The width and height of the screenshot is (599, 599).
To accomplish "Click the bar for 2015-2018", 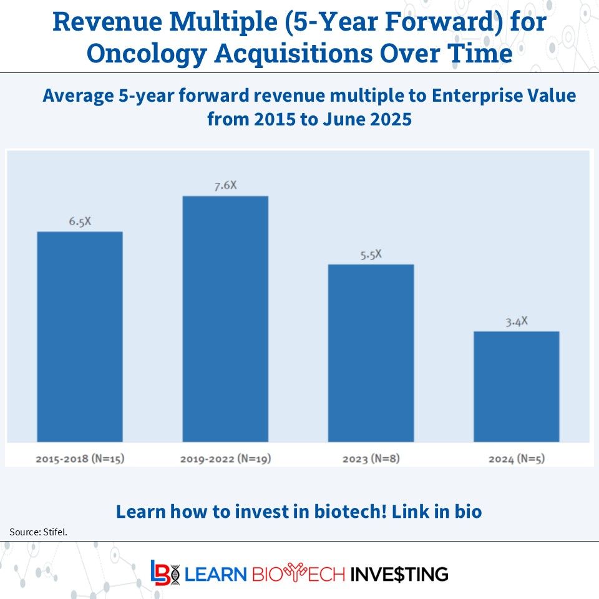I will tap(80, 337).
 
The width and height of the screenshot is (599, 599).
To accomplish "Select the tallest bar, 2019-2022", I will tap(225, 319).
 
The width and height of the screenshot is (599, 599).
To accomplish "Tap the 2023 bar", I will tap(371, 353).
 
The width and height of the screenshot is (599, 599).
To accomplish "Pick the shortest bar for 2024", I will tap(516, 386).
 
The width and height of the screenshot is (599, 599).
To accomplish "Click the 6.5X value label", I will tap(80, 222).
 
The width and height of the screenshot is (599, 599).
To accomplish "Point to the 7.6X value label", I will tap(225, 185).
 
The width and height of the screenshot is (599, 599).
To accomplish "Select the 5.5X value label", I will tap(371, 255).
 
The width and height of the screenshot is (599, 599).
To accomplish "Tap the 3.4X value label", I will tap(516, 321).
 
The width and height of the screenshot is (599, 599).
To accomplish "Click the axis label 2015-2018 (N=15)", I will tap(80, 459).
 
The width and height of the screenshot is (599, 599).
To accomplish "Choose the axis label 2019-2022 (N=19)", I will tap(225, 459).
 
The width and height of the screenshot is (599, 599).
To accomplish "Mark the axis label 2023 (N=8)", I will tap(371, 459).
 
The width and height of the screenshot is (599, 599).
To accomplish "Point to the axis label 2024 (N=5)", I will tap(516, 459).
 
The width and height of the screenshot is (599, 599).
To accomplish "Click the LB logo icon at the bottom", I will tap(164, 573).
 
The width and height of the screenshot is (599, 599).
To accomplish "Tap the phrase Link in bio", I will tap(437, 512).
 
